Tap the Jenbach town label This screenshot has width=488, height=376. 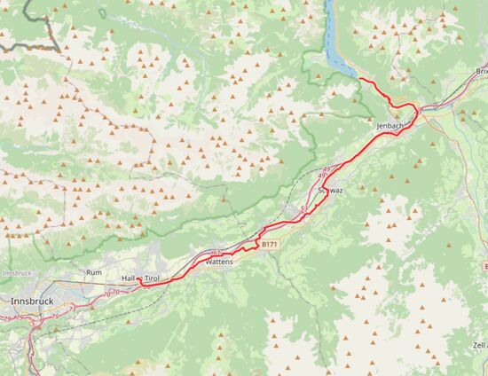click(390, 127)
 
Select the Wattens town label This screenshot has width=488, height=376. click(218, 262)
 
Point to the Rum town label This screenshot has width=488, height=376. click(94, 272)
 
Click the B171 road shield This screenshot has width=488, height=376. click(270, 244)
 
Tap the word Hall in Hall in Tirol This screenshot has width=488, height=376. click(129, 278)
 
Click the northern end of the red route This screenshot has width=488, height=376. click(359, 79)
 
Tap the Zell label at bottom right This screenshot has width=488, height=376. click(480, 344)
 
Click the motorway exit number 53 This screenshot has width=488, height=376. click(304, 208)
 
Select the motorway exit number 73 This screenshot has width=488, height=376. click(72, 309)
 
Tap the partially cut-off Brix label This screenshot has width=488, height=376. click(481, 71)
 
